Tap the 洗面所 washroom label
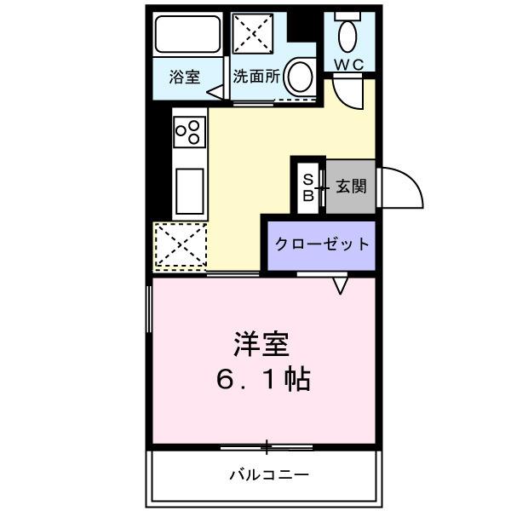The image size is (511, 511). [x=256, y=77]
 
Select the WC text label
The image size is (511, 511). [x=349, y=65]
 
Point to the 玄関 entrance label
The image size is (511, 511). [x=351, y=186]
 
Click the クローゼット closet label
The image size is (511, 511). [x=322, y=244]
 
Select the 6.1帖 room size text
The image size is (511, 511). [x=263, y=379]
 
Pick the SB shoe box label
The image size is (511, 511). [x=309, y=187]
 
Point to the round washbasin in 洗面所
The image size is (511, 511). [x=298, y=77]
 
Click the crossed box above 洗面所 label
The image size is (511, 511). [x=252, y=34]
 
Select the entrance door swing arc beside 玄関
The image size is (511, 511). [x=402, y=186]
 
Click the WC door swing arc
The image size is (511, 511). [x=352, y=92]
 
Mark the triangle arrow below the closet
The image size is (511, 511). [x=341, y=285]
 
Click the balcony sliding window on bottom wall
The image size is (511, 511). [x=266, y=446]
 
